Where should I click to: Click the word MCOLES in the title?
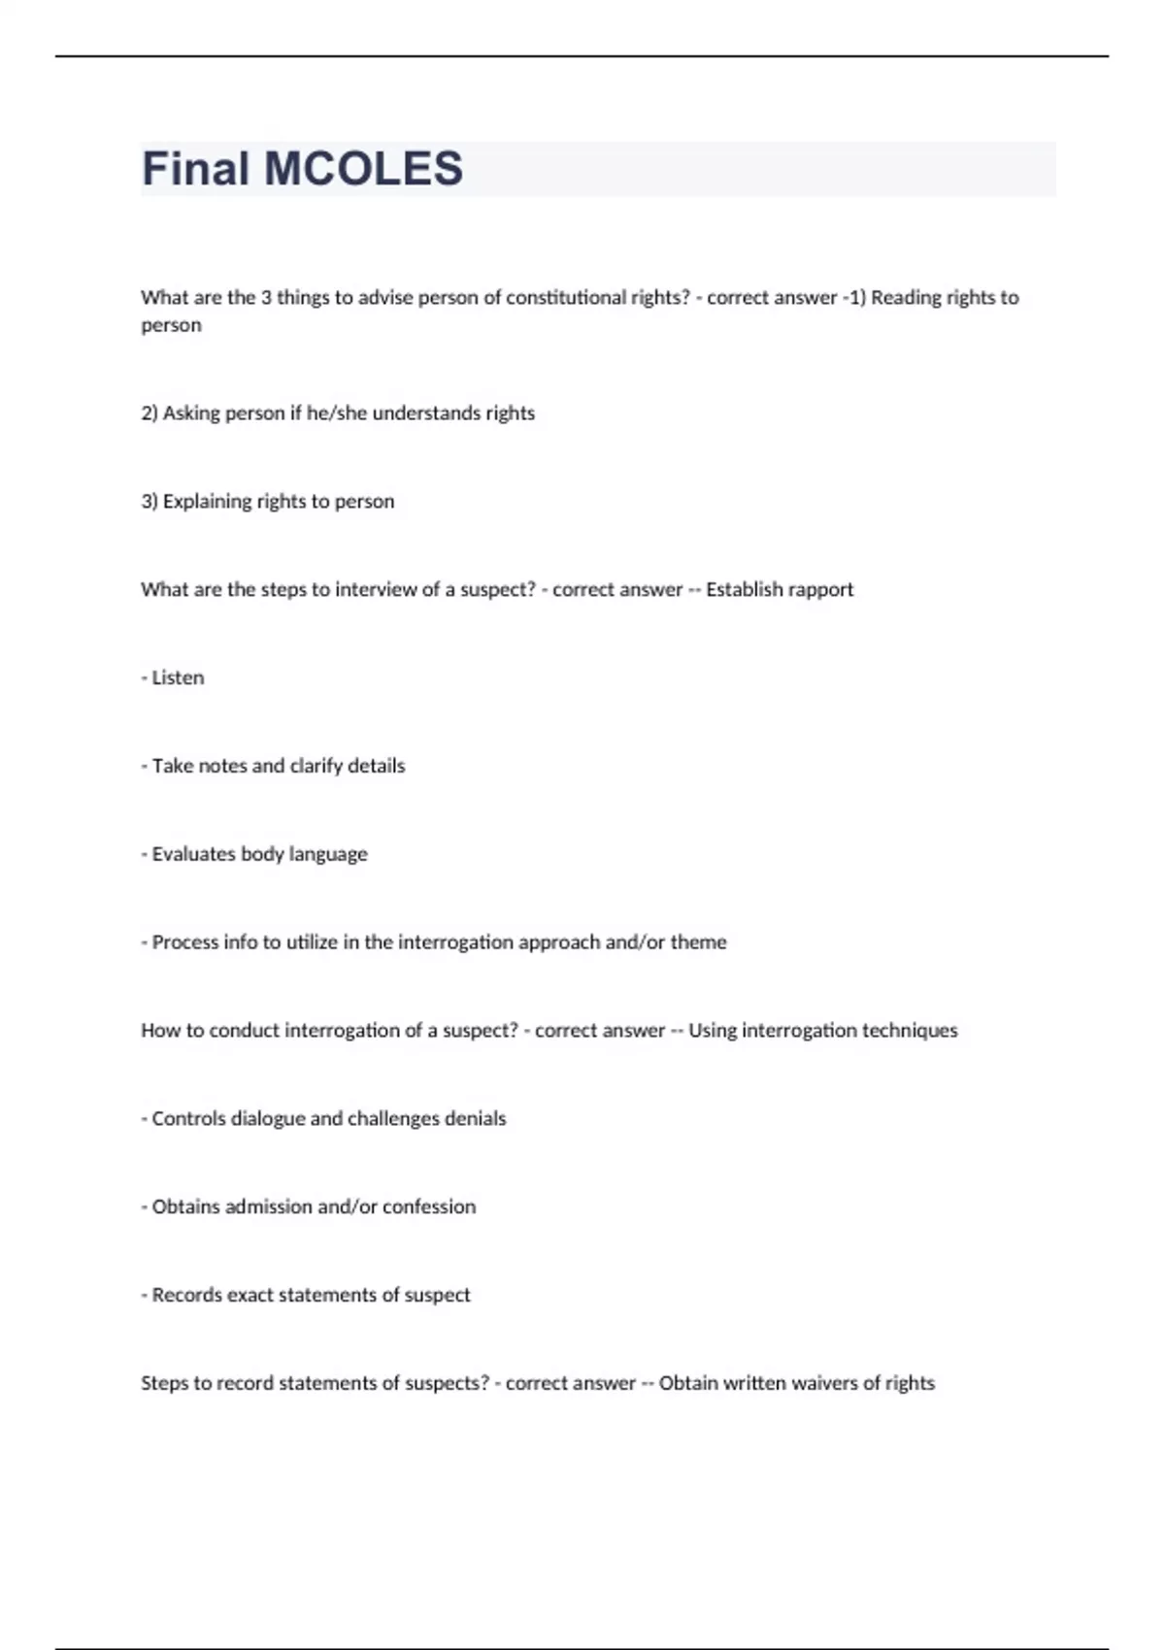(364, 169)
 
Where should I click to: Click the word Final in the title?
(196, 169)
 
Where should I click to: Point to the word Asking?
(191, 413)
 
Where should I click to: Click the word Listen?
(178, 677)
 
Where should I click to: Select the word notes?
(222, 766)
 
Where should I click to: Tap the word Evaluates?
(193, 854)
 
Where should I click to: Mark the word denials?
(475, 1119)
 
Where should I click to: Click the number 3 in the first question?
(266, 298)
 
